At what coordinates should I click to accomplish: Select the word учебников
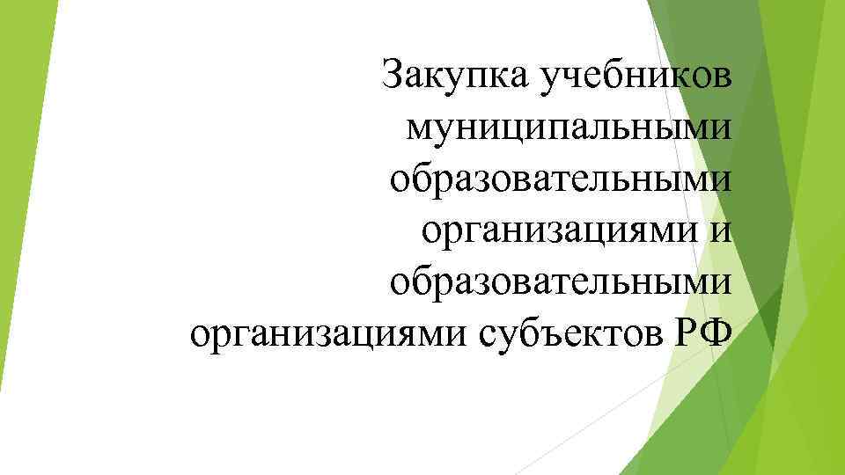click(x=634, y=77)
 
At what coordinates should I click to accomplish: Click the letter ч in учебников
click(x=577, y=78)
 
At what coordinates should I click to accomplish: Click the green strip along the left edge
click(x=22, y=237)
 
